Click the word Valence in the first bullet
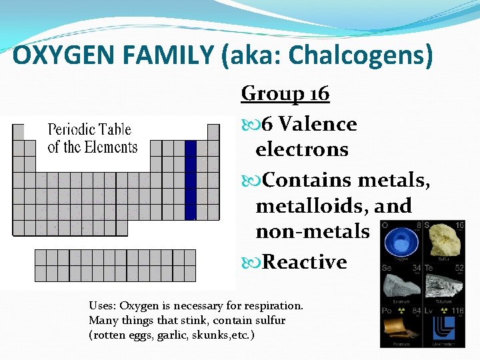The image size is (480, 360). [x=317, y=124]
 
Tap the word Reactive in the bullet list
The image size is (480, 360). [x=305, y=262]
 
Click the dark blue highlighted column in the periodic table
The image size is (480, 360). [x=191, y=180]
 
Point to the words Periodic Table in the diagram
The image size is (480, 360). [x=89, y=129]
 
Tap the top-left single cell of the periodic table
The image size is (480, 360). [x=19, y=131]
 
